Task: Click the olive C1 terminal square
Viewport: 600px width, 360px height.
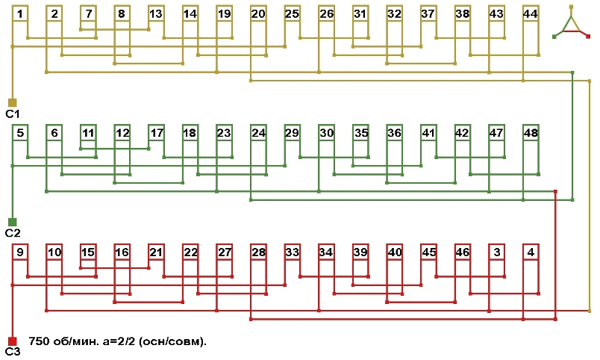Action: tap(12, 102)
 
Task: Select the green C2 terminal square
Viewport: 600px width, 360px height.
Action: tap(12, 222)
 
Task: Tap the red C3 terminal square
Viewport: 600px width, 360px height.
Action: tap(12, 341)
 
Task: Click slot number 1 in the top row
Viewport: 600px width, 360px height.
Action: tap(20, 14)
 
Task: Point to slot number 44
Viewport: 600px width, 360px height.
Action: tap(530, 14)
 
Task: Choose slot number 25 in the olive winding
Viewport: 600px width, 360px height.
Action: tap(292, 14)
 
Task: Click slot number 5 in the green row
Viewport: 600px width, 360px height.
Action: tap(20, 134)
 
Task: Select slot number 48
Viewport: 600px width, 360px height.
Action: tap(530, 134)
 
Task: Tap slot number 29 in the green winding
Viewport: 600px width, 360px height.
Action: tap(292, 134)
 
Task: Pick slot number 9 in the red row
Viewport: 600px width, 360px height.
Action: tap(20, 253)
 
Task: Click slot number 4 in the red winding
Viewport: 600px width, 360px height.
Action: tap(530, 253)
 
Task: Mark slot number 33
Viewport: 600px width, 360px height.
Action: tap(292, 253)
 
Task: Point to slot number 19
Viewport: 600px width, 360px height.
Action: tap(224, 14)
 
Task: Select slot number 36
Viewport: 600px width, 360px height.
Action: tap(394, 134)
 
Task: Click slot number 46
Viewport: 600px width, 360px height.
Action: tap(462, 253)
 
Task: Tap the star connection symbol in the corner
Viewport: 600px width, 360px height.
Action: tap(571, 22)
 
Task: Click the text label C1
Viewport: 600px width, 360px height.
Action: tap(12, 114)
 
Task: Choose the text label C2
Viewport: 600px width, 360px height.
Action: tap(12, 233)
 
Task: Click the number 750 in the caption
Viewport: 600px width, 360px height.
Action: tap(40, 341)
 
